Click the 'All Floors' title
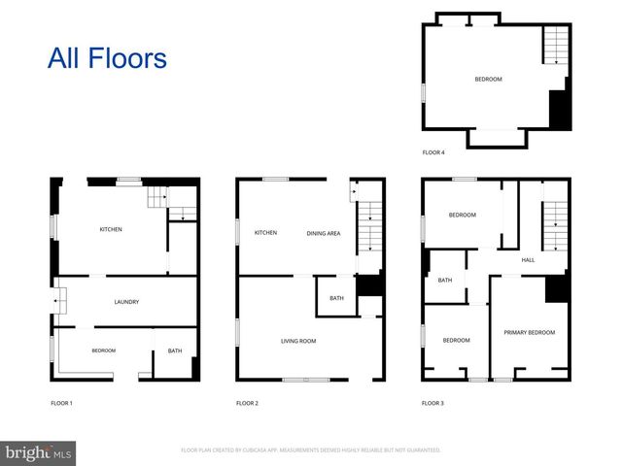tap(107, 57)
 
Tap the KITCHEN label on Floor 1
tap(111, 229)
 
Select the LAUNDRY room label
tap(126, 302)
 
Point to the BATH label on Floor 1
tap(175, 350)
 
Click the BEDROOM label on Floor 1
tap(104, 350)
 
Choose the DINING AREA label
tap(324, 233)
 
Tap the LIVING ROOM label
tap(297, 341)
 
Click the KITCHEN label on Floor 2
tap(266, 233)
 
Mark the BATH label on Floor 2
tap(336, 298)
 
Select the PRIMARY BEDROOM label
tap(530, 333)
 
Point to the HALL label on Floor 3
tap(529, 260)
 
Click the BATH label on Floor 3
tap(445, 281)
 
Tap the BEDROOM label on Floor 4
tap(488, 80)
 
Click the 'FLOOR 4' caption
tap(432, 152)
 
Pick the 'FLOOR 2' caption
tap(247, 402)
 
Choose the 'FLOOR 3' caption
tap(432, 402)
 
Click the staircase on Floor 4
tap(555, 46)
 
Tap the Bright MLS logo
tap(39, 453)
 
